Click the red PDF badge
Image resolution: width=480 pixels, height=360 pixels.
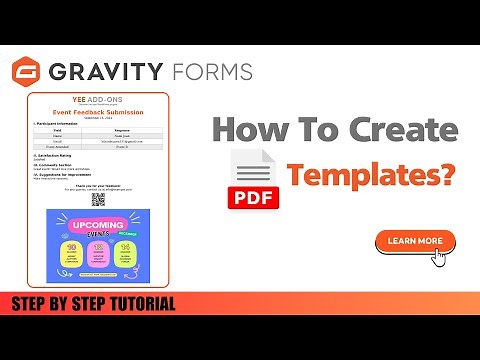[x=254, y=194]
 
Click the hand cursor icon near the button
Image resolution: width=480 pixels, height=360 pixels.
[x=437, y=255]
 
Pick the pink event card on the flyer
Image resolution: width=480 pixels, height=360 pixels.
[x=99, y=254]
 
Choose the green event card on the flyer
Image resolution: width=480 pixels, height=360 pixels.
[x=125, y=254]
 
